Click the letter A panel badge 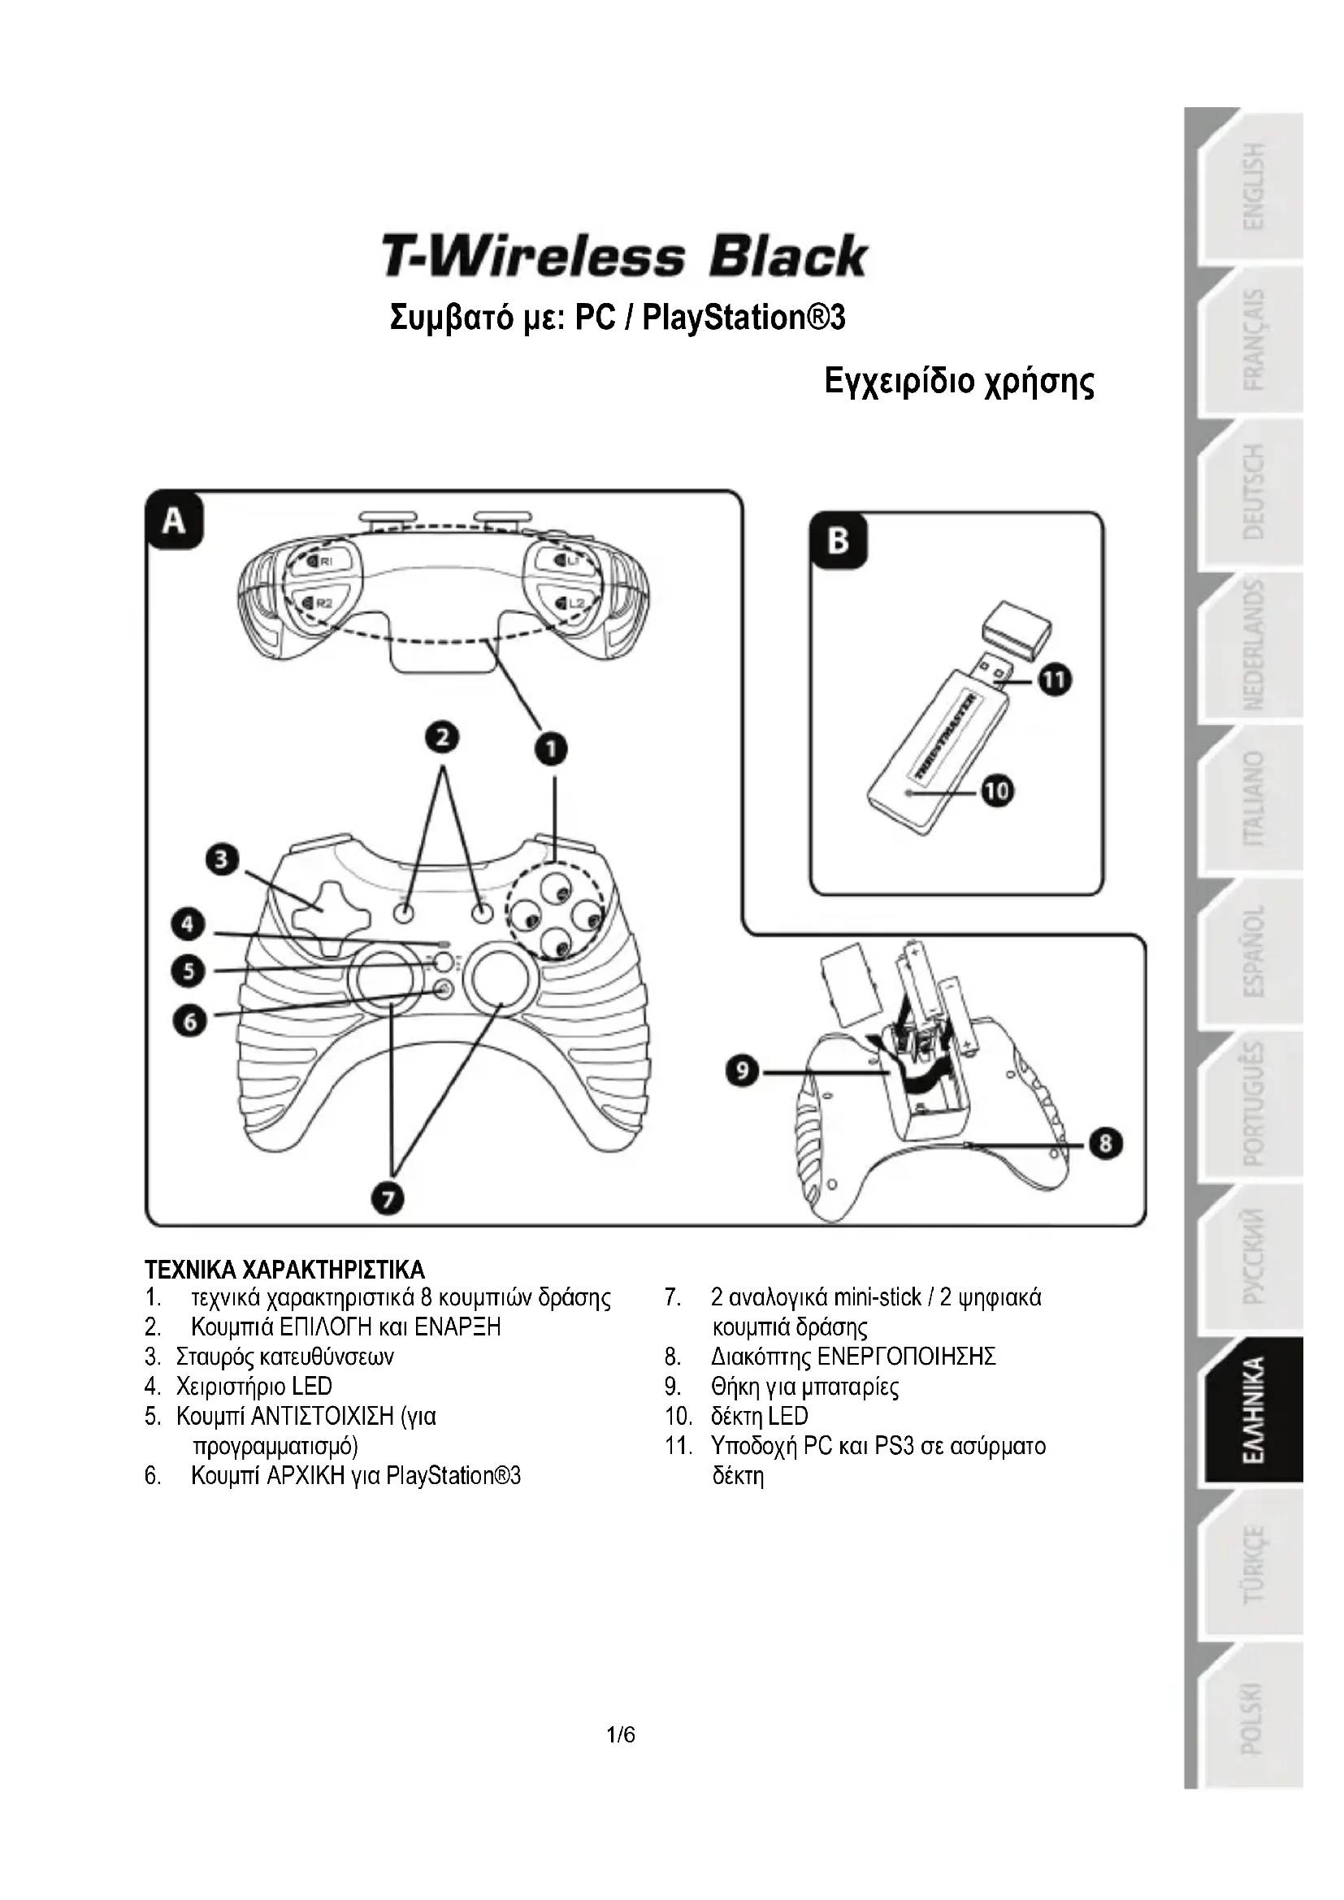pos(174,522)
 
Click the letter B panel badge pos(839,541)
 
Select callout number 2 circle pos(443,737)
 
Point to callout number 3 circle pos(222,859)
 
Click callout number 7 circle pos(388,1198)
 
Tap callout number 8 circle pos(1106,1145)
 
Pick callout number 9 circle pos(744,1072)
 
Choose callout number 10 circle pos(998,792)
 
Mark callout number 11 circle pos(1055,681)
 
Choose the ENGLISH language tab pos(1255,185)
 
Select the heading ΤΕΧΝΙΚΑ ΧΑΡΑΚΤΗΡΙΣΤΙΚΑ pos(284,1270)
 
